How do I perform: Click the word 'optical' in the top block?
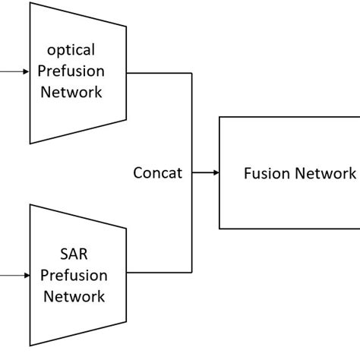[71, 50]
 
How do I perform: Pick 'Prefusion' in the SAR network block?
[74, 276]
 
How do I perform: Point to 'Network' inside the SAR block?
[74, 296]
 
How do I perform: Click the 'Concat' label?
[157, 173]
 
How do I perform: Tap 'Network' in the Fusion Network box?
[321, 173]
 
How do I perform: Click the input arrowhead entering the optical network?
[27, 72]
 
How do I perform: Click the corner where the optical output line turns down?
[191, 73]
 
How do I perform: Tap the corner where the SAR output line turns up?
[191, 273]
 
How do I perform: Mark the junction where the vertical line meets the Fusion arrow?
[191, 173]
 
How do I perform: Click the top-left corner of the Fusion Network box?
[219, 117]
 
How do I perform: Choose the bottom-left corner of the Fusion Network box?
[219, 228]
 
